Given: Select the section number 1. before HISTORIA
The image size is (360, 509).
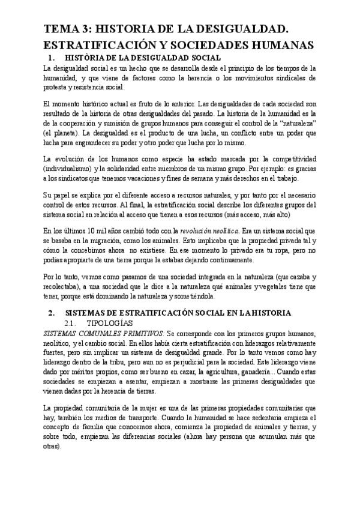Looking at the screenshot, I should [x=50, y=58].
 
